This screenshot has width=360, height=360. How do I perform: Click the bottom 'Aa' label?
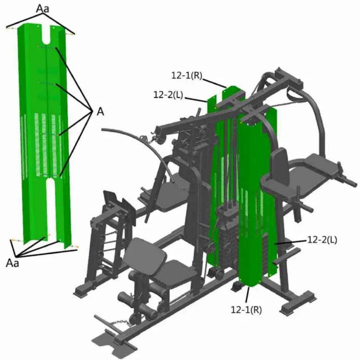pos(12,263)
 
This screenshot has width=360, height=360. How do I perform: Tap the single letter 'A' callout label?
pos(100,112)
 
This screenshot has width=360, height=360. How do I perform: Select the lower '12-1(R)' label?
pos(246,310)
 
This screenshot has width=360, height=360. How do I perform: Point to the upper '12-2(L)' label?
pos(168,95)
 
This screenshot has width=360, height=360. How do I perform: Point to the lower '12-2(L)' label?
pos(322,240)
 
